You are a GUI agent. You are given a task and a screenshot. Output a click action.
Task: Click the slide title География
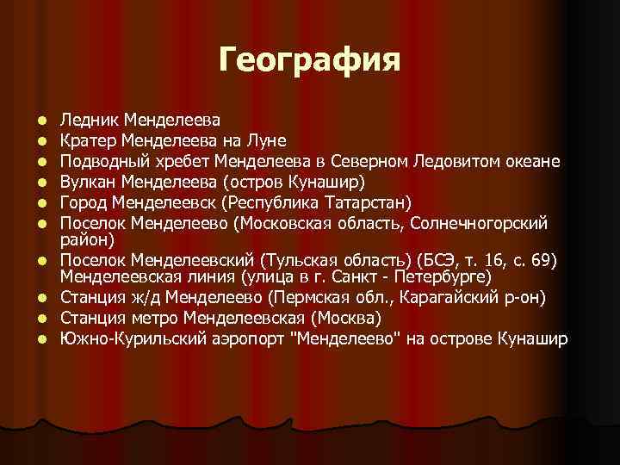pos(309,60)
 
